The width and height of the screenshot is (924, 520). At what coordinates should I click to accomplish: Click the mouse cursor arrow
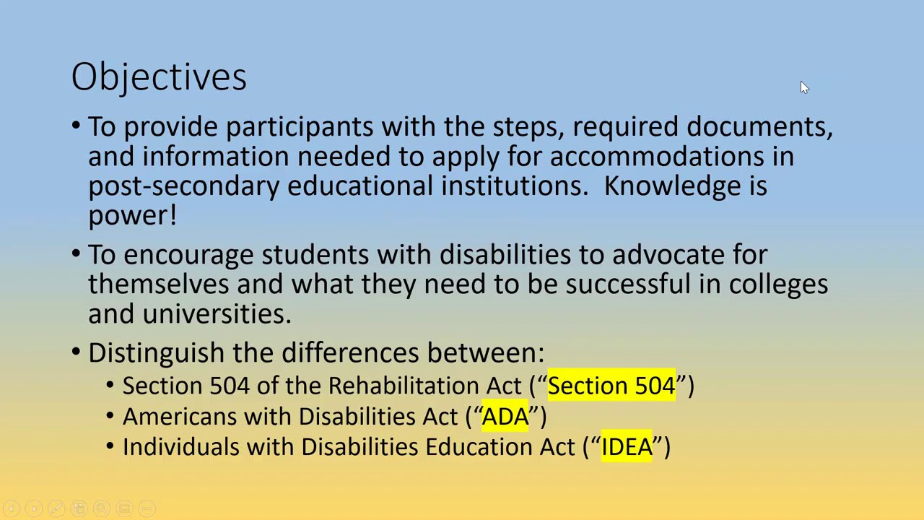pos(804,87)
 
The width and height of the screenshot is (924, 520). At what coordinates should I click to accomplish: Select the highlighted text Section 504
pos(611,386)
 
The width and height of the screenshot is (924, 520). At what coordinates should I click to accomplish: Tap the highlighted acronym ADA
pos(505,417)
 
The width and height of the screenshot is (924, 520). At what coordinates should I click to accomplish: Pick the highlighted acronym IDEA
pos(627,447)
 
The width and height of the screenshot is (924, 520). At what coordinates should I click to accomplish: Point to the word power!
pos(132,216)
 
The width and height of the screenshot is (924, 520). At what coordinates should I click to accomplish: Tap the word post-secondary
pos(183,186)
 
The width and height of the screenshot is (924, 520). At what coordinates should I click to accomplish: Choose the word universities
pos(217,313)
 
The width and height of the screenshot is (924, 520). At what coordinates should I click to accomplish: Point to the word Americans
pos(180,417)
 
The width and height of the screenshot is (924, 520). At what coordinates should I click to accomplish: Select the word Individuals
pos(180,447)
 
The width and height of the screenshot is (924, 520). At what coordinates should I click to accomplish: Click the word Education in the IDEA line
pos(479,447)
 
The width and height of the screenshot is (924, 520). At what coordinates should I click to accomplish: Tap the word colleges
pos(778,285)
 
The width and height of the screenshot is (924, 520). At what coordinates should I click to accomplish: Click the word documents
pos(759,127)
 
